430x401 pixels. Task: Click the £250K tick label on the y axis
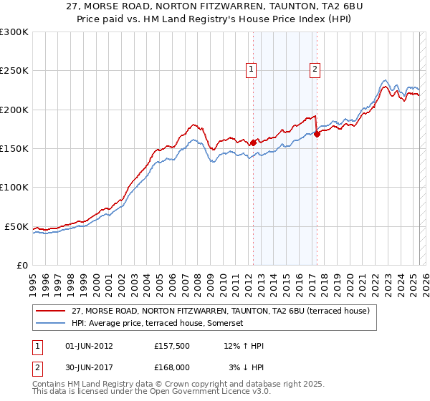point(14,71)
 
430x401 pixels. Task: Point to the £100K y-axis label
point(14,187)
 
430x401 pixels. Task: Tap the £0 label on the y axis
point(21,265)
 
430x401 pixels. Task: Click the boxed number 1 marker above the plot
point(252,69)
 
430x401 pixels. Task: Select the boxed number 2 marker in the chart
point(315,69)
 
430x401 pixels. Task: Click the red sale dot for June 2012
point(253,143)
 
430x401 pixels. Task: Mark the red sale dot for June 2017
point(317,134)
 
